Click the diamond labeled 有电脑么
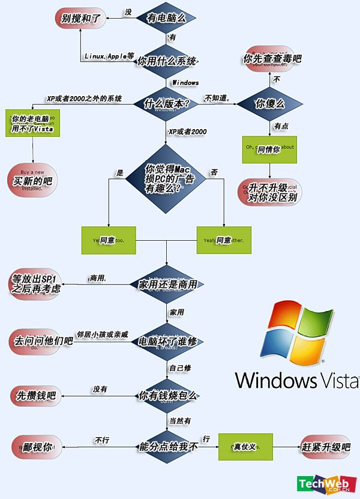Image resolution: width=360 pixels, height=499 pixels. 166,18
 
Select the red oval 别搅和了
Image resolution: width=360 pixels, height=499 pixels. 82,18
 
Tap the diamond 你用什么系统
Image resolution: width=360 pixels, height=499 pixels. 167,61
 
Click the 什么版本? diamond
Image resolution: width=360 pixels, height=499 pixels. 167,103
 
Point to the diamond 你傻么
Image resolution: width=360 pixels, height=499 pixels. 269,103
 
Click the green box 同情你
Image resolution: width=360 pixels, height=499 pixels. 269,149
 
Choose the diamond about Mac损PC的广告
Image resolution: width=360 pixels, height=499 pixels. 167,178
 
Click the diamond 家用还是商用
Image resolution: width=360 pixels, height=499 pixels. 167,283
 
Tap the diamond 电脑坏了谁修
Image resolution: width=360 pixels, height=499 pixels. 167,340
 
